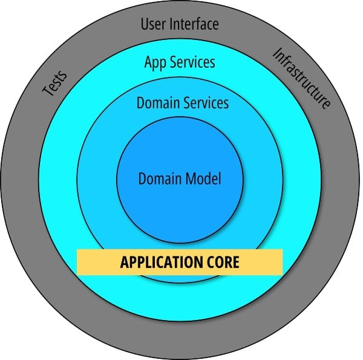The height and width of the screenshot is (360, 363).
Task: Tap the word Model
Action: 203,179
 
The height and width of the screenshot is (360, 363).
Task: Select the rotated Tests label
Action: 54,84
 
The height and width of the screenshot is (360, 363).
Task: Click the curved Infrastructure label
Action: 302,79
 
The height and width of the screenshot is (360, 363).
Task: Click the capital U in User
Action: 145,25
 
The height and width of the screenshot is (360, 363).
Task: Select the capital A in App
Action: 149,62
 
